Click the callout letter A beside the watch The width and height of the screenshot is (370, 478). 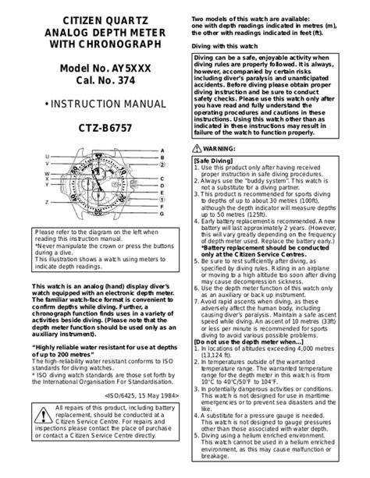pos(162,149)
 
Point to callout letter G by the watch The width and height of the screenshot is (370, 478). pos(162,214)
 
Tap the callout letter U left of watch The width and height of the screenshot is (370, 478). pos(47,156)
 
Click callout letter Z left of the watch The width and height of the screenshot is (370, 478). pos(47,201)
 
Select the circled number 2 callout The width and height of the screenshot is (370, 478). pos(162,166)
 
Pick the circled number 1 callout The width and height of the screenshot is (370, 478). pos(162,200)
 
